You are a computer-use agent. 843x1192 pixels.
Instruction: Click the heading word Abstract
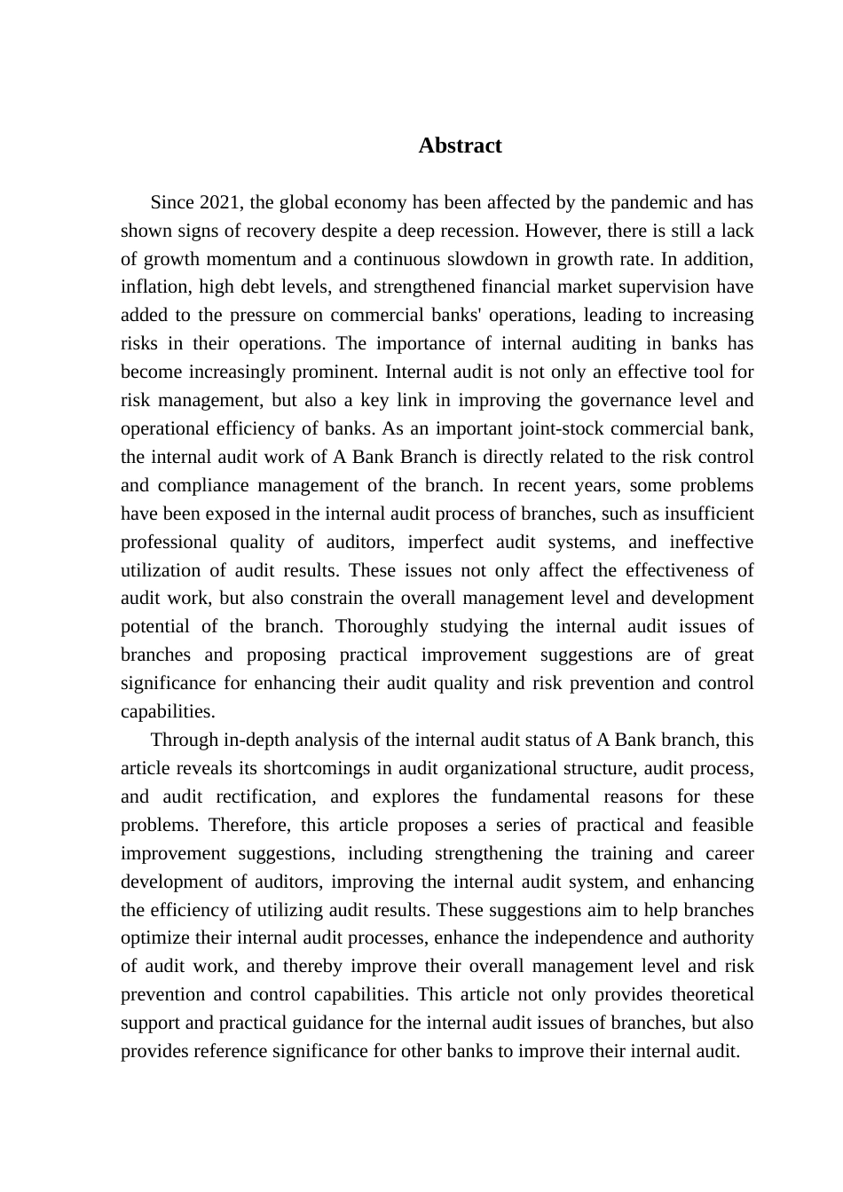(x=460, y=145)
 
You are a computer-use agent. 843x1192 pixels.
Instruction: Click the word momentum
(x=257, y=259)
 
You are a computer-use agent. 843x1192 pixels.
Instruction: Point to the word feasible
(x=721, y=825)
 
